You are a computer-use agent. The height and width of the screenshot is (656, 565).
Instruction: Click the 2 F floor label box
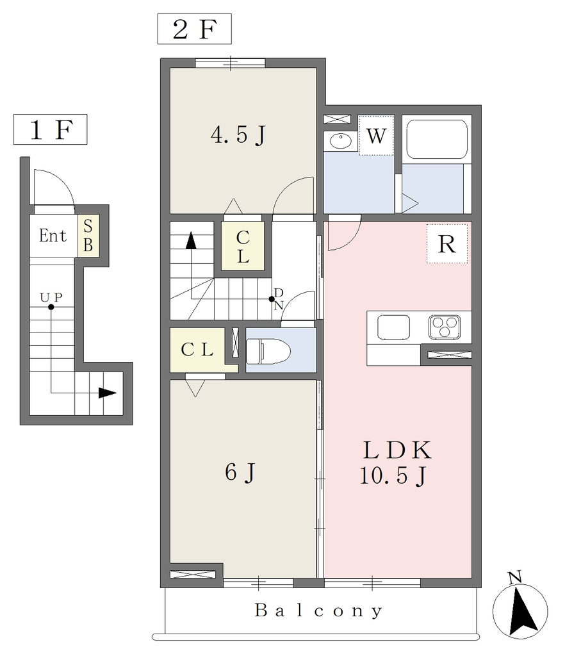[x=195, y=29]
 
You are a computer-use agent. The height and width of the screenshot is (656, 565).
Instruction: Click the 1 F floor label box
[x=50, y=129]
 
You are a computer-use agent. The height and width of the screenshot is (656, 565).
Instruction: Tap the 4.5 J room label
[x=238, y=135]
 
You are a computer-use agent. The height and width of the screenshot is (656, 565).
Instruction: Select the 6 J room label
[x=240, y=473]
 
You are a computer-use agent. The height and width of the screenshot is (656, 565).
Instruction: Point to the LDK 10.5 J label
[x=395, y=463]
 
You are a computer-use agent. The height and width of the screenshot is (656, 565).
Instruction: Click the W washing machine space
[x=376, y=136]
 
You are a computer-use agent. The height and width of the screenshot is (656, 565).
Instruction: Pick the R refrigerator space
[x=447, y=244]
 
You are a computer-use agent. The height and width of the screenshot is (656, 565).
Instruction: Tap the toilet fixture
[x=268, y=351]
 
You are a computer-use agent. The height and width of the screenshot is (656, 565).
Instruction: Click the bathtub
[x=437, y=139]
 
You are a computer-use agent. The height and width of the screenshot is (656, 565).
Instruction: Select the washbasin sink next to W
[x=341, y=140]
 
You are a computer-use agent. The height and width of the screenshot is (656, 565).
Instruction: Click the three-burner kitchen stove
[x=445, y=327]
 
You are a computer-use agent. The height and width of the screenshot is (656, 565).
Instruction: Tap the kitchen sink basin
[x=393, y=327]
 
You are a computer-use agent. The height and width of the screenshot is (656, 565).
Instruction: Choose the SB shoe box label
[x=88, y=236]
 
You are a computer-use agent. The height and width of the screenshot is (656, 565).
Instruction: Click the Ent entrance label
[x=53, y=236]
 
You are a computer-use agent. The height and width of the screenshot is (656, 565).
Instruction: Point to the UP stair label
[x=51, y=297]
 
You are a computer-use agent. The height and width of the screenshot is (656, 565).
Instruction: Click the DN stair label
[x=279, y=299]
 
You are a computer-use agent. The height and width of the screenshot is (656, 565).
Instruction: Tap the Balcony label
[x=318, y=611]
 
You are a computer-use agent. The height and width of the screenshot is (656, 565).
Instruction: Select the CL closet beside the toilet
[x=197, y=350]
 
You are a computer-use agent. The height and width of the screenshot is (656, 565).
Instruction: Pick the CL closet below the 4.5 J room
[x=243, y=247]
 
